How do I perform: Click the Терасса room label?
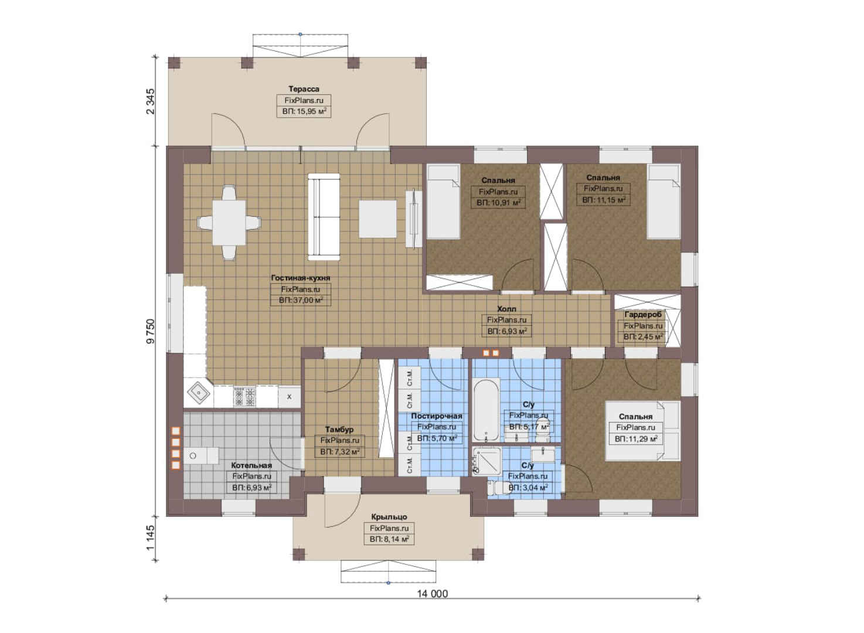[x=304, y=89]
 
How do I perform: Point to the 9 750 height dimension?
[x=151, y=331]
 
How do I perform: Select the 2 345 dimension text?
[x=151, y=101]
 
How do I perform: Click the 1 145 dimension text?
[x=151, y=537]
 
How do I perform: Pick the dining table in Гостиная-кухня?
[x=229, y=223]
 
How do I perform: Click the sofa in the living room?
[x=324, y=217]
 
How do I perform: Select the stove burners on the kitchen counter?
[x=244, y=397]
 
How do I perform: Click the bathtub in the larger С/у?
[x=486, y=410]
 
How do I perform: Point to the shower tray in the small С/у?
[x=487, y=461]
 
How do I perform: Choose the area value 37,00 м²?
[x=301, y=301]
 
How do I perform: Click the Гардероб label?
[x=642, y=314]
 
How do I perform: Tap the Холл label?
[x=506, y=309]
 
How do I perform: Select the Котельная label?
[x=251, y=465]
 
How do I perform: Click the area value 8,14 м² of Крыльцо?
[x=389, y=539]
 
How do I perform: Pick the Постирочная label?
[x=436, y=416]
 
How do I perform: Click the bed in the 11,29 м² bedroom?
[x=642, y=430]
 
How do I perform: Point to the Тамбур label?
[x=339, y=430]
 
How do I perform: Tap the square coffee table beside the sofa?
[x=377, y=219]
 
